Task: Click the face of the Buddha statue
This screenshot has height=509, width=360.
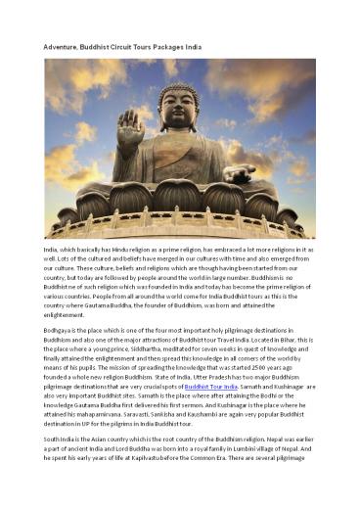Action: [x=179, y=109]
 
